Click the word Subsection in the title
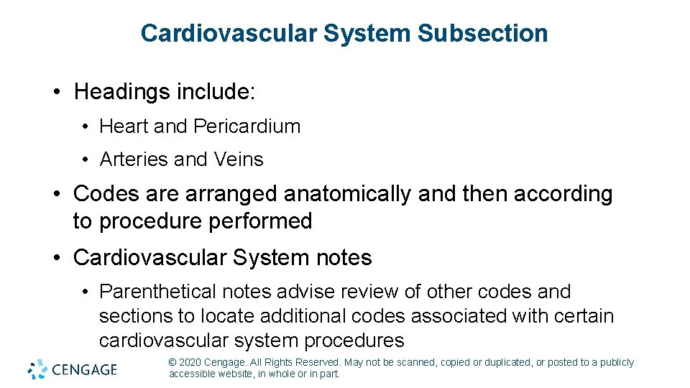click(x=482, y=33)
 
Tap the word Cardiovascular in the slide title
click(x=229, y=33)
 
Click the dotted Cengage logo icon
click(x=37, y=369)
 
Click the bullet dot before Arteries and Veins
click(x=85, y=160)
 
